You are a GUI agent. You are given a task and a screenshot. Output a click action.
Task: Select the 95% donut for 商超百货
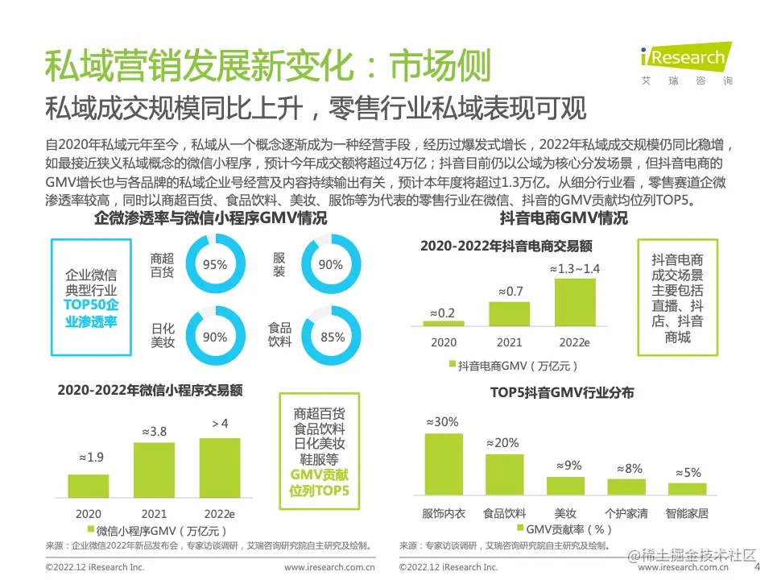click(214, 264)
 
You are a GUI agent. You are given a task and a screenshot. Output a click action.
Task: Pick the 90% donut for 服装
click(330, 264)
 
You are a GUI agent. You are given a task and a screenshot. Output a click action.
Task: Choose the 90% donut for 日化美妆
click(214, 337)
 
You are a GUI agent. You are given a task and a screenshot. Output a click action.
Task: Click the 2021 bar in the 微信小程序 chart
click(154, 470)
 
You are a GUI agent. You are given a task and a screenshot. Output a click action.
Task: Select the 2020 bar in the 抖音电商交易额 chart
click(444, 323)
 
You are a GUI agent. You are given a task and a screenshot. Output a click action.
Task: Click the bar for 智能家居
click(687, 488)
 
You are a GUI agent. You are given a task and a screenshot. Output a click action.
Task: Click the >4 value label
click(220, 424)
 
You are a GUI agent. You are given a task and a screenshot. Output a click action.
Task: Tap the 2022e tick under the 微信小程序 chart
click(220, 513)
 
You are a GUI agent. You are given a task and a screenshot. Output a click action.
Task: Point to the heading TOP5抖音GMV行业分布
click(562, 393)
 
